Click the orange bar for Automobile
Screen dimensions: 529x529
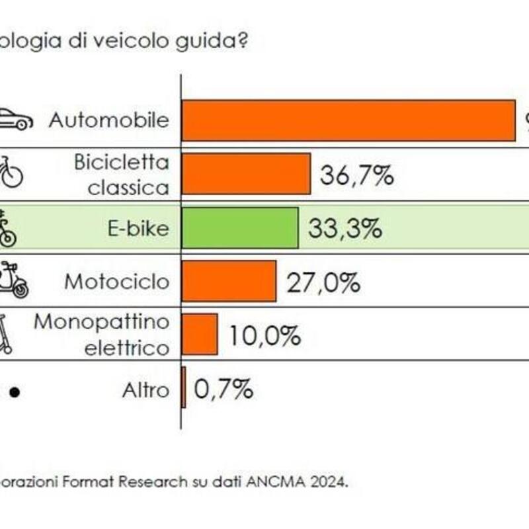[348, 120]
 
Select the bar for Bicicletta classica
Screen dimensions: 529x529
[246, 174]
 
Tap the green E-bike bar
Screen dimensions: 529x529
[240, 228]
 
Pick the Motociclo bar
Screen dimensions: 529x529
[229, 281]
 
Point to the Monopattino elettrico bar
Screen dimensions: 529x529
[200, 334]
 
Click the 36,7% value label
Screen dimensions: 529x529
[357, 175]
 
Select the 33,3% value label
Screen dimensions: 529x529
[345, 229]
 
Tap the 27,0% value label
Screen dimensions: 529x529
[323, 282]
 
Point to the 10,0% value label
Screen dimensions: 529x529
[264, 336]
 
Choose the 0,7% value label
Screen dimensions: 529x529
[224, 389]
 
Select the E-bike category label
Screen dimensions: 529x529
[138, 229]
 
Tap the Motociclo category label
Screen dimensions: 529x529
[117, 282]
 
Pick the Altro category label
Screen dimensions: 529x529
[145, 390]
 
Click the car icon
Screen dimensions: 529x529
[15, 120]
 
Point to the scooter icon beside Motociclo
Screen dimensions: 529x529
[15, 280]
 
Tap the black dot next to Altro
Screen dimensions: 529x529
[15, 392]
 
